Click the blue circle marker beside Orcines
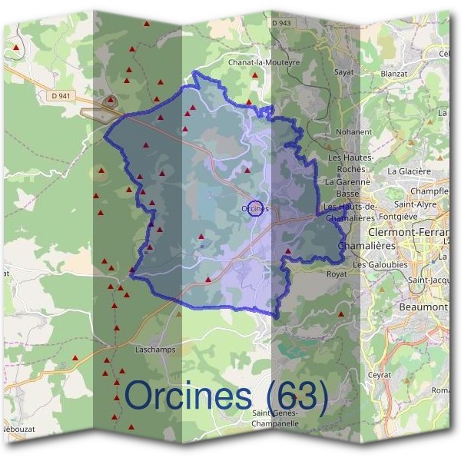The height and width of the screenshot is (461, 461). (257, 208)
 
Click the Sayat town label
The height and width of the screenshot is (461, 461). (343, 71)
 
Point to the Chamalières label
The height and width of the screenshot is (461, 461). (366, 244)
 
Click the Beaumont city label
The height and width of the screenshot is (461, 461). (423, 307)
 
